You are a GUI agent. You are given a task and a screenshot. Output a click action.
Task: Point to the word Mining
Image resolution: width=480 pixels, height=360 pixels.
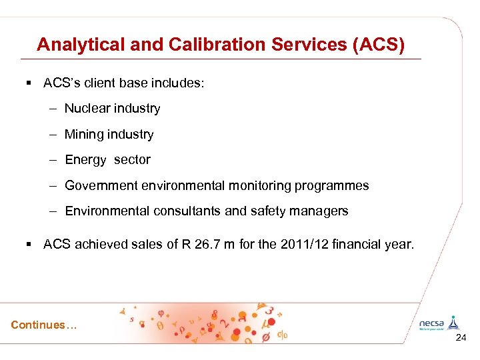(x=84, y=135)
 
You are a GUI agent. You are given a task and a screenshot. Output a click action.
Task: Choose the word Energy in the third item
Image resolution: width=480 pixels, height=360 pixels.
(x=85, y=160)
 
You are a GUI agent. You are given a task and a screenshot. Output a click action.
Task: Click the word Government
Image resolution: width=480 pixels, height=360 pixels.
(x=102, y=185)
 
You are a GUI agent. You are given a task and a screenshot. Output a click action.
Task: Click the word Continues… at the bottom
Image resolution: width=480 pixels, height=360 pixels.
(x=44, y=325)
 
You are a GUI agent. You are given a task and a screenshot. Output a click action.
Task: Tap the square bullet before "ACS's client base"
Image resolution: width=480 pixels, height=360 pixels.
(x=29, y=83)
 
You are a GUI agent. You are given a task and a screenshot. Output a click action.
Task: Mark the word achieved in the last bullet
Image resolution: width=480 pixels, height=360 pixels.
(x=99, y=245)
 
